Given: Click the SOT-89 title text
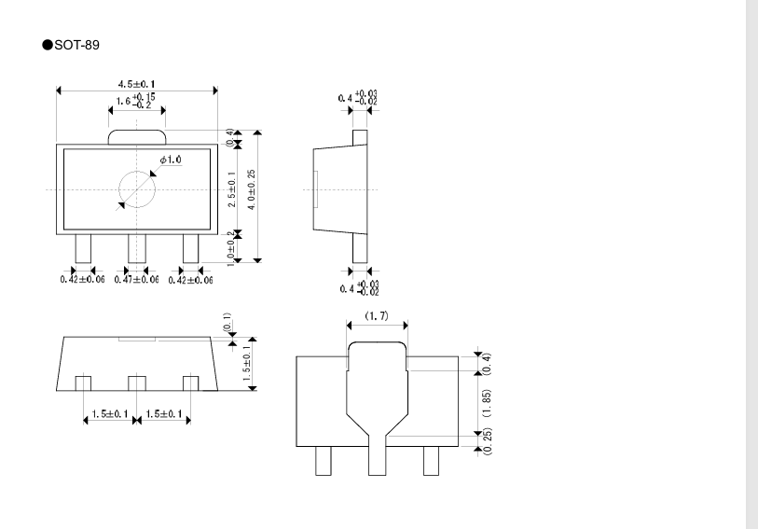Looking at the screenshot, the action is point(76,45).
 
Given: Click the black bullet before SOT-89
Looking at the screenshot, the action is point(48,45).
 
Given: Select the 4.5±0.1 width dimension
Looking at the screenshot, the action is point(137,84).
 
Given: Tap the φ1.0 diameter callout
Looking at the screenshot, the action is point(171,160).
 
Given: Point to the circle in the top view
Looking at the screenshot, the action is point(137,172).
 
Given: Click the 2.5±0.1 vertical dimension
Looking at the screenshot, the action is point(232,189).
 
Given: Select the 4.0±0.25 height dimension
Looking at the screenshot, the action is point(252,189).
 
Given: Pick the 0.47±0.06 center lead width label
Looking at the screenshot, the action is point(136,280).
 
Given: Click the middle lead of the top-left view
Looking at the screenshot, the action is point(137,248).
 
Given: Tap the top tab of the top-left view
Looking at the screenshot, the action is point(137,137).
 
